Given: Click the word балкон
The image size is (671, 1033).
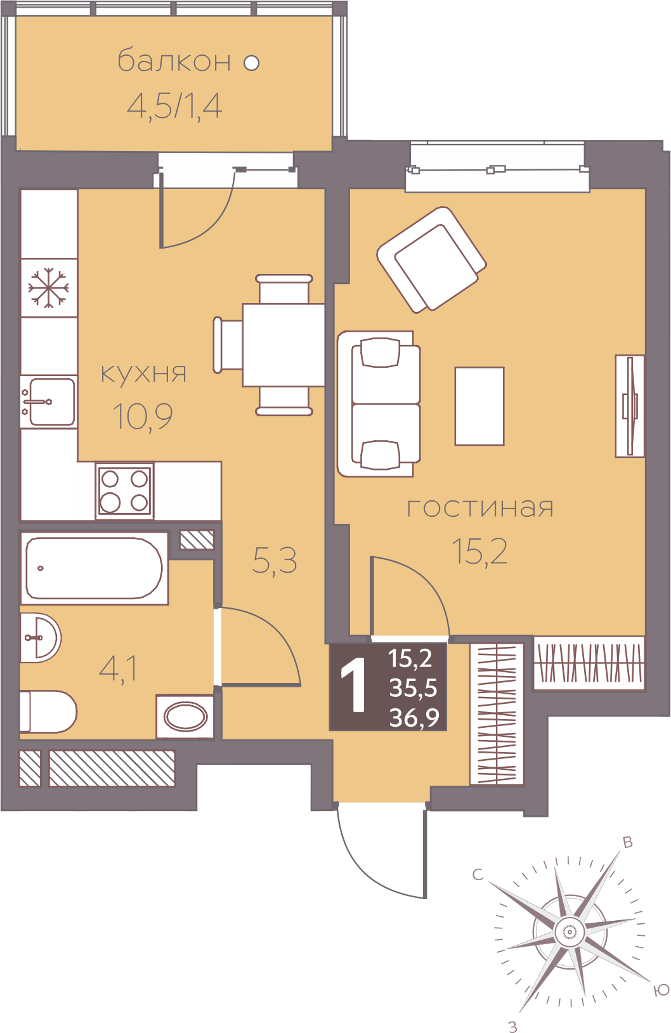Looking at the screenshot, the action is [174, 60].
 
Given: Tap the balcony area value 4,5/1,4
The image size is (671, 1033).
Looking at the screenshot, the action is [174, 106].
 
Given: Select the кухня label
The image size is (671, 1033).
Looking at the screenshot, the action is [143, 373].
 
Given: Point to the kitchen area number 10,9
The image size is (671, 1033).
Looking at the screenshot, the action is [143, 417].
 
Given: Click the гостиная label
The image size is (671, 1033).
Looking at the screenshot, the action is [480, 508].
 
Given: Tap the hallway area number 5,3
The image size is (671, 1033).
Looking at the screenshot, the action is [275, 561].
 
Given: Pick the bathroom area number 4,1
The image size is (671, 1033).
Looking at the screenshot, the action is [118, 669].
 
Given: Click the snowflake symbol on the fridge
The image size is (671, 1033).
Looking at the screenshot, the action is [48, 288].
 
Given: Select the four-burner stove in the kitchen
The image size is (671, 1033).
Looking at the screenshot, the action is [124, 491].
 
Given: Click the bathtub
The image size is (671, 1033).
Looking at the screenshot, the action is [94, 568].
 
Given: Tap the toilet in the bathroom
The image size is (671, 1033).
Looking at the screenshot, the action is [48, 711].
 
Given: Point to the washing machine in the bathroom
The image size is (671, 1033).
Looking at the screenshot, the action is [185, 716].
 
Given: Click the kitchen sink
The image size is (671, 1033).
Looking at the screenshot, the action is [48, 401].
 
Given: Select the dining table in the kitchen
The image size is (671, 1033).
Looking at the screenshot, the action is [283, 344].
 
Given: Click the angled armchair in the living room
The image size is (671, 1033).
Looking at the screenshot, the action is [431, 259].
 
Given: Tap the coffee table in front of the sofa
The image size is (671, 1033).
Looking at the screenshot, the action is [479, 406].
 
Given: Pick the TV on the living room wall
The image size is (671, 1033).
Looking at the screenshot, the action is [630, 406].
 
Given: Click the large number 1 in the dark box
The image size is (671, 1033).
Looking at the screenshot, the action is [353, 685].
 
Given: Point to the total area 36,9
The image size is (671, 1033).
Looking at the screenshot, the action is [414, 718].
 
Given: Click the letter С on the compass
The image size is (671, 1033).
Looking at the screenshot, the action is [478, 874].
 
